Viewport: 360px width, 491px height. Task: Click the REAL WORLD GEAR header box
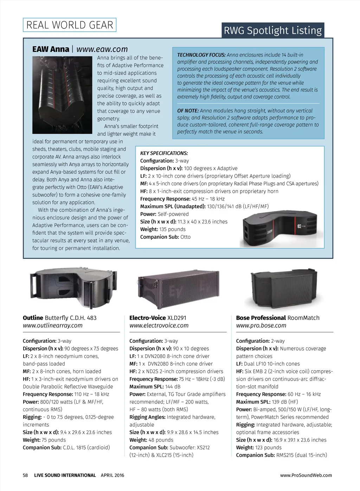click(70, 25)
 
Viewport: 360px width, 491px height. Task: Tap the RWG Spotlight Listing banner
click(273, 31)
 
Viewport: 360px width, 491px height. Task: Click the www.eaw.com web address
click(102, 49)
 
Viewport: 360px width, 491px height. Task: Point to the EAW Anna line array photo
click(62, 95)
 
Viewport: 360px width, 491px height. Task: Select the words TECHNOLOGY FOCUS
click(201, 55)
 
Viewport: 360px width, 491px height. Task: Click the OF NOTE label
click(188, 111)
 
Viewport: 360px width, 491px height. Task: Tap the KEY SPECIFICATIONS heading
click(164, 153)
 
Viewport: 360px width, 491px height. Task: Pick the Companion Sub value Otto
click(185, 237)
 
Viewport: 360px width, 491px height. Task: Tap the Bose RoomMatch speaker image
click(284, 289)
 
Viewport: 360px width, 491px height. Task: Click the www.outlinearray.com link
click(53, 326)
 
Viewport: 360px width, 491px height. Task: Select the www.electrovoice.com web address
click(159, 326)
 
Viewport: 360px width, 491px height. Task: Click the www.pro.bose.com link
click(261, 326)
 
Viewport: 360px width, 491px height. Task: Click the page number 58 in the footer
click(25, 475)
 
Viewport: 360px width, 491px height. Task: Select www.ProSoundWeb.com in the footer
click(306, 475)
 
